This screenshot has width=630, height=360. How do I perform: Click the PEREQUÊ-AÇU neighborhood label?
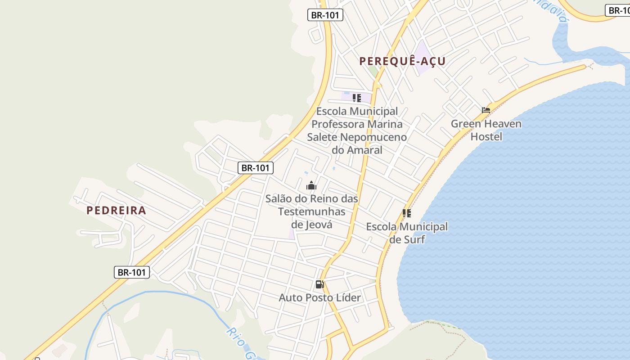pyautogui.click(x=402, y=61)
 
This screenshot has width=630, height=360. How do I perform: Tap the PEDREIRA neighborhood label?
pyautogui.click(x=116, y=210)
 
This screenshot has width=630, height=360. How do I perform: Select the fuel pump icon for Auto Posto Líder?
pyautogui.click(x=319, y=284)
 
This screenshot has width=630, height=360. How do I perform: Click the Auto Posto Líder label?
pyautogui.click(x=319, y=297)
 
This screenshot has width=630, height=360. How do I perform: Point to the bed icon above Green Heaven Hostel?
pyautogui.click(x=486, y=110)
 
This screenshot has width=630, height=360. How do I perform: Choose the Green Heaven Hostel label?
pyautogui.click(x=486, y=130)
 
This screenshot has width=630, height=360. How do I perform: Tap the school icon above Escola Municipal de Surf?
pyautogui.click(x=407, y=213)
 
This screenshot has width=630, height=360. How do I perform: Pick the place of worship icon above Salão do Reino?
pyautogui.click(x=311, y=185)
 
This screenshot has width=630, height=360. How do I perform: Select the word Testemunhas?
pyautogui.click(x=311, y=211)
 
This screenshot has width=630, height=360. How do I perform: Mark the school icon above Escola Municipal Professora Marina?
pyautogui.click(x=357, y=98)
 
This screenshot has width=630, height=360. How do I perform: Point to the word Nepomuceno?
pyautogui.click(x=373, y=137)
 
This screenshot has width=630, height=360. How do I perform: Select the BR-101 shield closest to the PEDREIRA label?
pyautogui.click(x=131, y=272)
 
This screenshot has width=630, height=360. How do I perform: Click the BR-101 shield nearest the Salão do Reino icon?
pyautogui.click(x=255, y=168)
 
